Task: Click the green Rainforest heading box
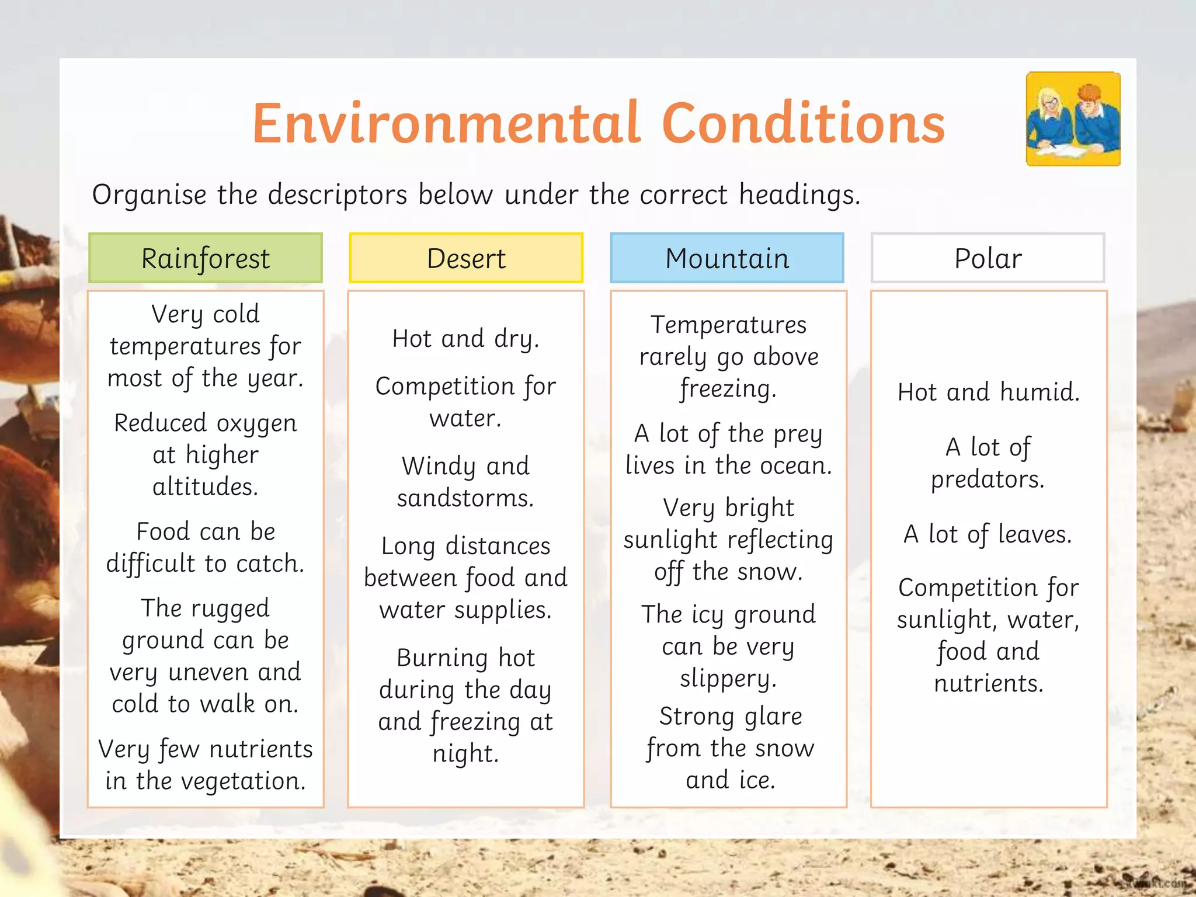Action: click(205, 258)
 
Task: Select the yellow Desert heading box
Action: click(466, 258)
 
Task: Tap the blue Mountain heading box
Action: click(727, 258)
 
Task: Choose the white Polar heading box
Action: click(988, 258)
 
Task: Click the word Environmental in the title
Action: click(447, 123)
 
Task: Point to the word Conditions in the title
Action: click(803, 123)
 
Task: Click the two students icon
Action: click(1073, 119)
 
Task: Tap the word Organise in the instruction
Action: click(149, 194)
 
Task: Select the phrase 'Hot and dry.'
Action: click(466, 339)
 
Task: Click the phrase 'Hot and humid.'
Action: click(988, 392)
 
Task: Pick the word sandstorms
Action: click(465, 498)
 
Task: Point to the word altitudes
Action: click(206, 486)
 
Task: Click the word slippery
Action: click(728, 679)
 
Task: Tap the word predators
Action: click(988, 479)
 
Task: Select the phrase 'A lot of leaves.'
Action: click(988, 534)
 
